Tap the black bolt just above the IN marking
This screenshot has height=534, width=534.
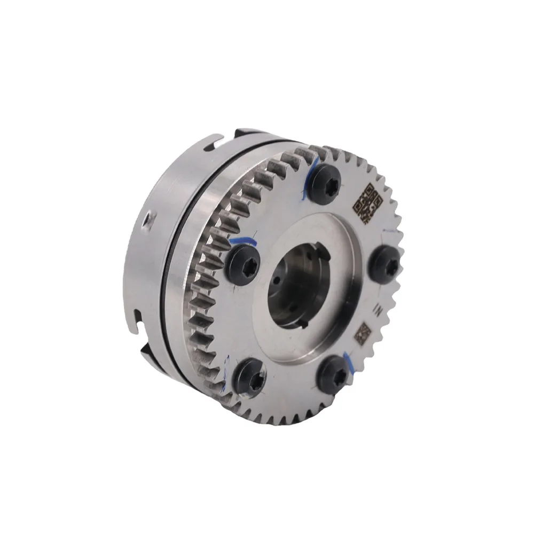pos(384,263)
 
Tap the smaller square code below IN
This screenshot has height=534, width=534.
pos(363,334)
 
